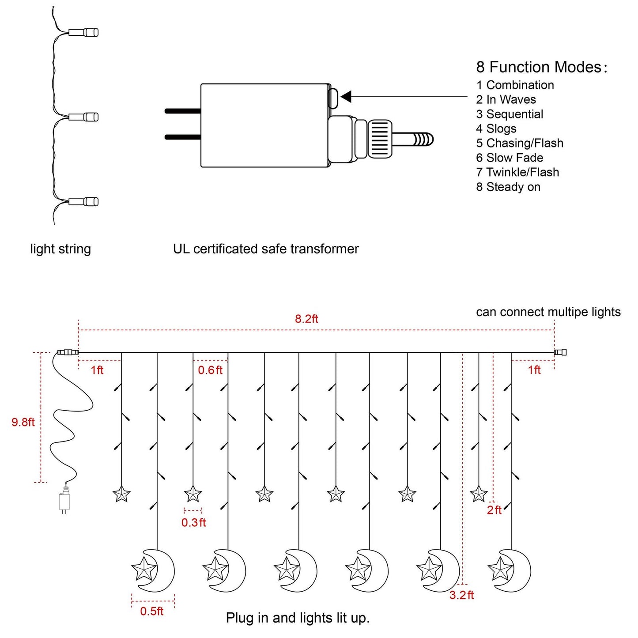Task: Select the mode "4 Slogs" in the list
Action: pyautogui.click(x=496, y=128)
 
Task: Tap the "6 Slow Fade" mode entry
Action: pyautogui.click(x=510, y=158)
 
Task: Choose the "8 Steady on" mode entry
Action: pyautogui.click(x=508, y=187)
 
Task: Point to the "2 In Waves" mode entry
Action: pyautogui.click(x=506, y=99)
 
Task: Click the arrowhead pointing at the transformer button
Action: pyautogui.click(x=346, y=96)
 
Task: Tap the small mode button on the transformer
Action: pyautogui.click(x=333, y=98)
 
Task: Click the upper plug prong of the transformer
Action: pyautogui.click(x=182, y=111)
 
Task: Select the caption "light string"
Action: pyautogui.click(x=60, y=249)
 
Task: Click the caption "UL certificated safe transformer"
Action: pyautogui.click(x=266, y=249)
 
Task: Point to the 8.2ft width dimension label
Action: pyautogui.click(x=306, y=319)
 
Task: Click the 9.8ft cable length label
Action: pyautogui.click(x=23, y=422)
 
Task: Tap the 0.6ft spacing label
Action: pyautogui.click(x=210, y=370)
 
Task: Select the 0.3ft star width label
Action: pyautogui.click(x=193, y=523)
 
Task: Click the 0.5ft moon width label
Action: pyautogui.click(x=152, y=611)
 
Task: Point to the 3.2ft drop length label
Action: pyautogui.click(x=461, y=595)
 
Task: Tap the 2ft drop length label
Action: pyautogui.click(x=494, y=510)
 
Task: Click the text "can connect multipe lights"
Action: pyautogui.click(x=548, y=312)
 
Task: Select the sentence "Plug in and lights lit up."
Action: pyautogui.click(x=298, y=618)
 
